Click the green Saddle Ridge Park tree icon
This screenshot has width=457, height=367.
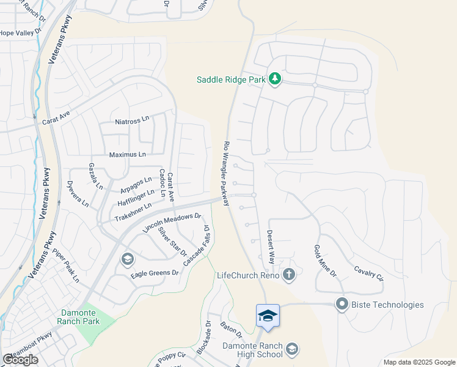[x=275, y=79]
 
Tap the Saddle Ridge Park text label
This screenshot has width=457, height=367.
[x=232, y=80]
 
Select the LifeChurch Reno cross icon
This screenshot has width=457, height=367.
[x=289, y=275]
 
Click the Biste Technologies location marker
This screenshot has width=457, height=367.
[x=342, y=304]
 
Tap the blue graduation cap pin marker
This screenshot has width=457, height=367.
[x=268, y=316]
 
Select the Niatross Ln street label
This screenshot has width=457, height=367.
[x=132, y=122]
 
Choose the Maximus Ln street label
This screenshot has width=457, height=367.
[x=127, y=155]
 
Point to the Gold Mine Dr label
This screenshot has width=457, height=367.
[x=325, y=260]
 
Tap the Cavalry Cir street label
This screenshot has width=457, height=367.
[x=369, y=273]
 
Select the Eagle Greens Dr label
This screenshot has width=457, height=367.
[x=155, y=273]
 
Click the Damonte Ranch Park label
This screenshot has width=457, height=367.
[x=78, y=316]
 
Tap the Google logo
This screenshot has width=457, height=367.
[x=20, y=360]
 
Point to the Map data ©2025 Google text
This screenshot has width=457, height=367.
[x=419, y=362]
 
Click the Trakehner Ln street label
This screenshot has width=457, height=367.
[x=133, y=212]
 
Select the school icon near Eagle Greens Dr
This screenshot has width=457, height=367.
[x=127, y=259]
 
